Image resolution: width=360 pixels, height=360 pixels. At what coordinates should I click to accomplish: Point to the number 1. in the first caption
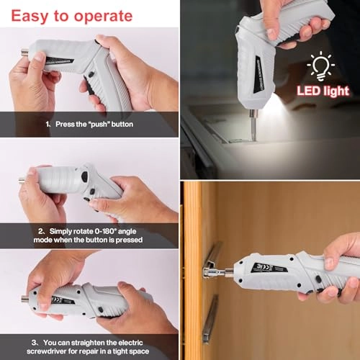[x=48, y=123]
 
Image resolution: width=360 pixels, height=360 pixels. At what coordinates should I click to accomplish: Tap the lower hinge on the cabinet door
[x=210, y=317]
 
